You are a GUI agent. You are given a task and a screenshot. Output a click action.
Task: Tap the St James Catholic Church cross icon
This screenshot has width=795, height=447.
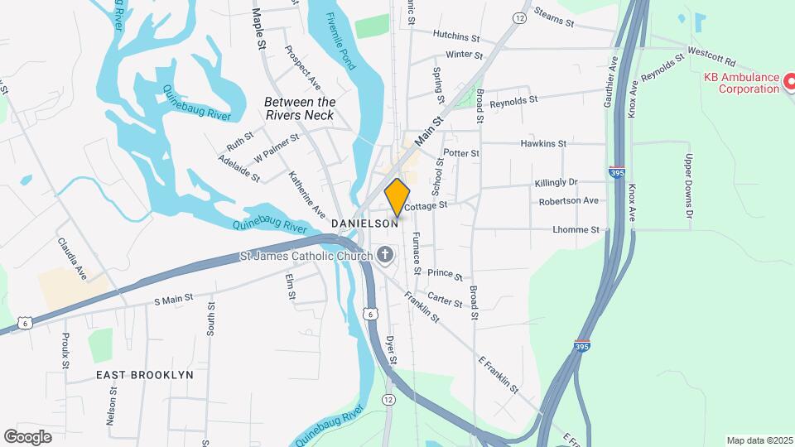(x=384, y=256)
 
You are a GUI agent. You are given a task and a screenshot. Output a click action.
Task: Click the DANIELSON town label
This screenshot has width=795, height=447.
(x=365, y=224)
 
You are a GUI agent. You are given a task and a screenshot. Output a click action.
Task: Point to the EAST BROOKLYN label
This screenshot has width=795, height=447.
(x=145, y=375)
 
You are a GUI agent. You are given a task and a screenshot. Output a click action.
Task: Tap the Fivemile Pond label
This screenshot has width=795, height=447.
(x=341, y=41)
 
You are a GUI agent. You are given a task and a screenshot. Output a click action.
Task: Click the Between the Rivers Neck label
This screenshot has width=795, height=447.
(x=299, y=108)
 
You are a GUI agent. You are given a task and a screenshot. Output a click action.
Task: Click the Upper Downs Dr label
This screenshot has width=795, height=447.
(x=687, y=180)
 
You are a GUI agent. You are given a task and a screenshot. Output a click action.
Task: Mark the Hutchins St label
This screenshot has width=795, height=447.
(x=456, y=37)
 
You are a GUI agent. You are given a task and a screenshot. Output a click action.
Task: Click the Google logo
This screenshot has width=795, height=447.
(x=27, y=436)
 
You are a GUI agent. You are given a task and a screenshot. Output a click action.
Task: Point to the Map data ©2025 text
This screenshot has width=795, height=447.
(x=759, y=440)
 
